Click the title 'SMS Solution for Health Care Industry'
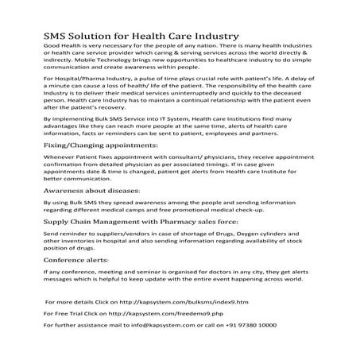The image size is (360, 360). tap(140, 37)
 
